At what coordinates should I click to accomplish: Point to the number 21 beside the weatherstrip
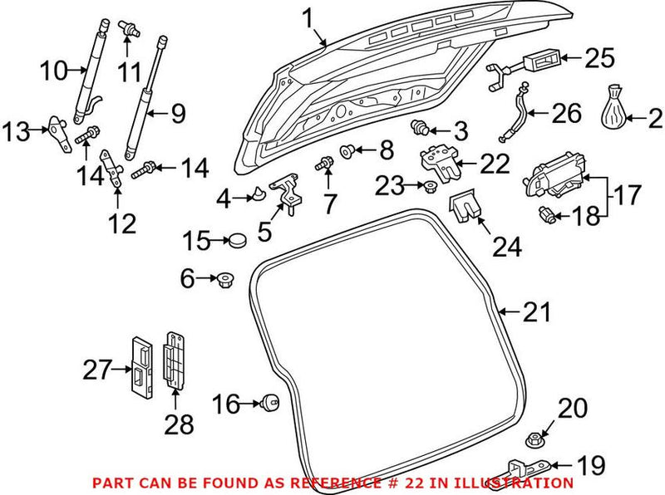536,312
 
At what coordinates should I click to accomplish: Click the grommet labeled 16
269,404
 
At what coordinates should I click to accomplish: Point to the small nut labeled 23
431,185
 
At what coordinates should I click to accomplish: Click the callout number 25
598,58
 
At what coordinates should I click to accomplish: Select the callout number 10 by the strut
58,71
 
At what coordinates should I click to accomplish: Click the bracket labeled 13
57,131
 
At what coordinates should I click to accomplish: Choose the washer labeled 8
348,151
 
